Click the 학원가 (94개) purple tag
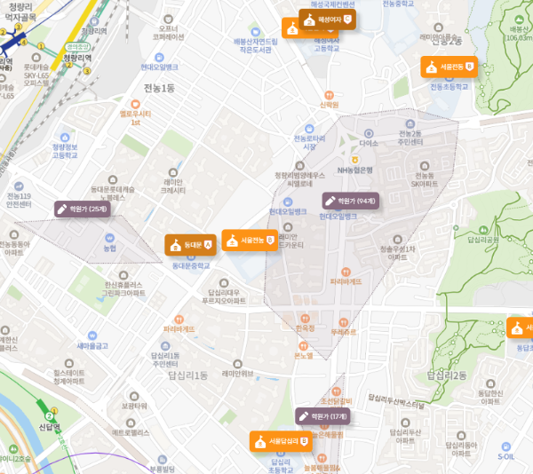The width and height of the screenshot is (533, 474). click(351, 201)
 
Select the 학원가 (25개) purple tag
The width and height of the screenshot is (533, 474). click(82, 209)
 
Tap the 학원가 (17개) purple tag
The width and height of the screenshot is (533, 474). click(327, 415)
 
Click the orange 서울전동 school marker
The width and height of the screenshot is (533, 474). click(449, 67)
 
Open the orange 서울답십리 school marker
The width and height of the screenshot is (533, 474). click(277, 440)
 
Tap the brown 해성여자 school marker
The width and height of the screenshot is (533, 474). click(327, 20)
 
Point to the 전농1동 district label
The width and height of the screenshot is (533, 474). click(159, 87)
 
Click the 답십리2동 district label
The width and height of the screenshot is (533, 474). click(448, 375)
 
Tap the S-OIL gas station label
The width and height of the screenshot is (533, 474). click(505, 456)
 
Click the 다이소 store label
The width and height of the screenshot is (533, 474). click(369, 143)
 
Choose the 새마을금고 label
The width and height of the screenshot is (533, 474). click(92, 345)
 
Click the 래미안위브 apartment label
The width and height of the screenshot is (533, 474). click(237, 373)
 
